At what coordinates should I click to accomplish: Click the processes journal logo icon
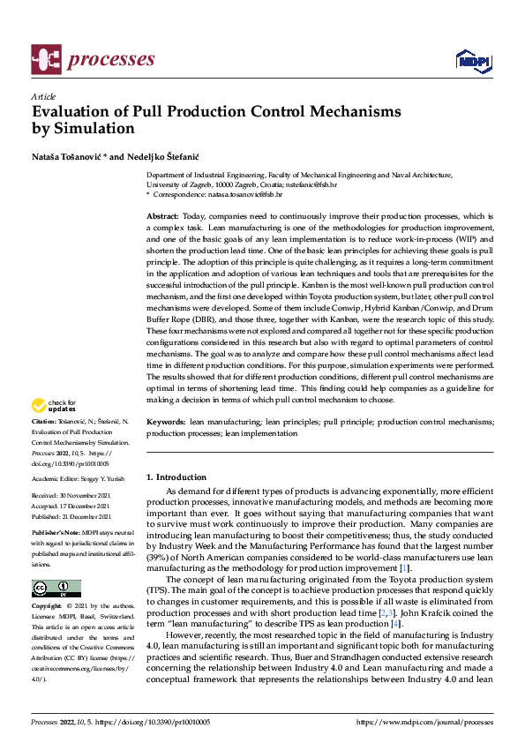(x=44, y=59)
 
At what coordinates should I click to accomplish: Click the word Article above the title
(x=43, y=96)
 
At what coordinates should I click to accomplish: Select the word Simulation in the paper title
(x=96, y=129)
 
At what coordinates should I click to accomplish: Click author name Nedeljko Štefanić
(x=165, y=156)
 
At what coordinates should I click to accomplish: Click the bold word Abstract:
(x=162, y=216)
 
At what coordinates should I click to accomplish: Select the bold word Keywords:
(x=165, y=423)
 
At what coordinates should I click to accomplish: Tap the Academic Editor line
(x=78, y=478)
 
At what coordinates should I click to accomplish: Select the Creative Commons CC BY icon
(x=56, y=589)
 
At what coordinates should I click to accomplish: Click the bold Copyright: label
(x=48, y=607)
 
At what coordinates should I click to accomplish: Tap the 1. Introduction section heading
(x=176, y=477)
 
